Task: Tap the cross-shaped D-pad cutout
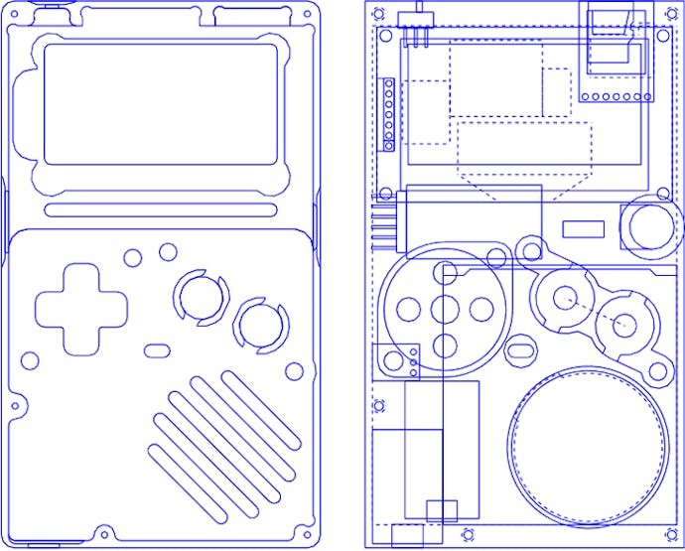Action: pos(80,308)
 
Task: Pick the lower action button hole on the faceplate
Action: pos(260,324)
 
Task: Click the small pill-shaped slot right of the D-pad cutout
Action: pos(157,350)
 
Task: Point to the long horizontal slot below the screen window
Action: pos(162,209)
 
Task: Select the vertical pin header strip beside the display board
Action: pos(388,113)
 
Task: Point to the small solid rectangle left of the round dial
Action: pos(584,229)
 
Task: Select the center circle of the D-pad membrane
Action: pos(445,309)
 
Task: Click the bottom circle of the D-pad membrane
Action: pos(445,346)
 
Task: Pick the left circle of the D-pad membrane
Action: pos(408,309)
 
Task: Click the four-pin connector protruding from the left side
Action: pos(388,222)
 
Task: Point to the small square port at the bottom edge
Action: pos(441,510)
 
